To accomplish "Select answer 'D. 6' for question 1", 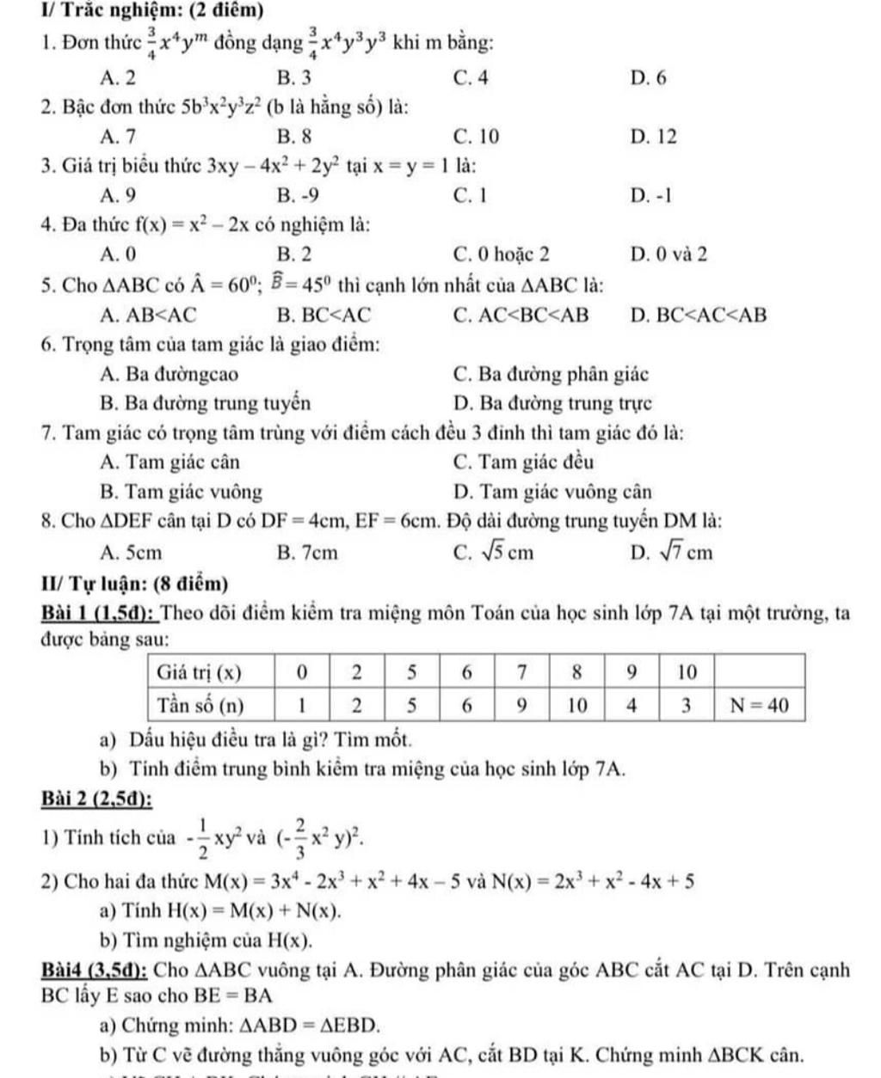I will click(x=648, y=78).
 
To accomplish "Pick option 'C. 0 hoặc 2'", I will click(x=501, y=254).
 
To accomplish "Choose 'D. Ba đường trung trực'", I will click(x=551, y=403).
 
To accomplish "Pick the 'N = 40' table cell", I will click(x=759, y=706).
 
